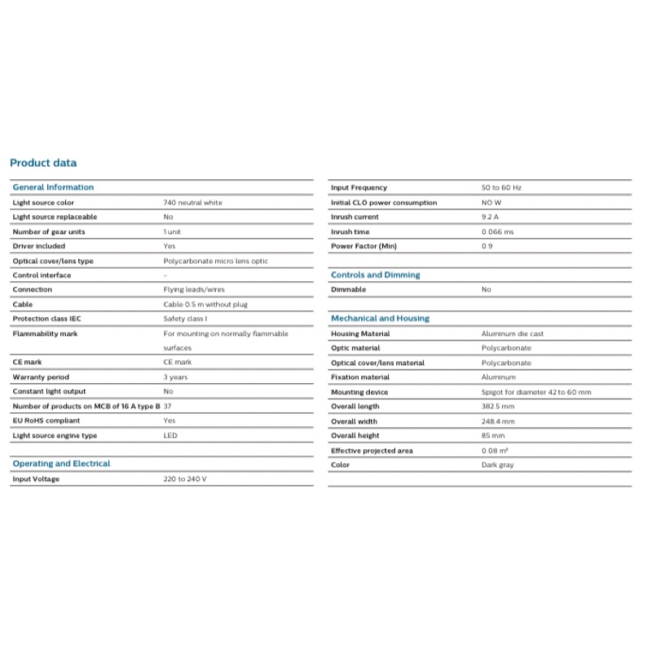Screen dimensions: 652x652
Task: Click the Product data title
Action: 43,163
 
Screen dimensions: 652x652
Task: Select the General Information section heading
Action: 53,187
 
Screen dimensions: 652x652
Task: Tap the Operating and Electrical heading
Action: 61,464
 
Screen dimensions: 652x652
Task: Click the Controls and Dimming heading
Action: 375,275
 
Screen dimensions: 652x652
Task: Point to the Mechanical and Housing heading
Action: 380,319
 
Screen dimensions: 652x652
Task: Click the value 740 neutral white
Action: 192,202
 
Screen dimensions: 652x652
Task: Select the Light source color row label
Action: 43,202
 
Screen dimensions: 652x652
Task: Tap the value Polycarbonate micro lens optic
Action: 215,261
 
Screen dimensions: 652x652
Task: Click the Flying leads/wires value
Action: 193,289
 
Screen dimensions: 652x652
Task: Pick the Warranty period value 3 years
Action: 175,377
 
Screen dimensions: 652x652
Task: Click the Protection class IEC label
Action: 47,319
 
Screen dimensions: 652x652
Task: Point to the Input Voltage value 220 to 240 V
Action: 185,479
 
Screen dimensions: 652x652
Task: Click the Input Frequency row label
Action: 359,187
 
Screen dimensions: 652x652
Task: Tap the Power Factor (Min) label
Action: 363,246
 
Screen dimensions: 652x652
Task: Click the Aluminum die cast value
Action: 512,334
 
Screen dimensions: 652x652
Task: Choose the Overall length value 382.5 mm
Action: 498,407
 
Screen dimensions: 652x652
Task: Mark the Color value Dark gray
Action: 497,465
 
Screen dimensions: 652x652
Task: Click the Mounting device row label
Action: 359,392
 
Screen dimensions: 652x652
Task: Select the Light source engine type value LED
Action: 170,436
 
